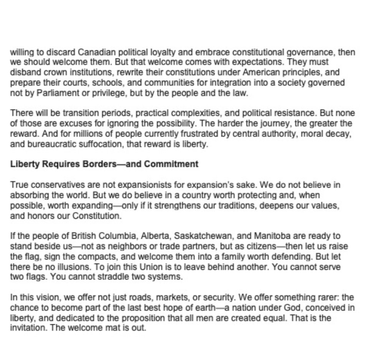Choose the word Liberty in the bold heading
coord(23,164)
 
